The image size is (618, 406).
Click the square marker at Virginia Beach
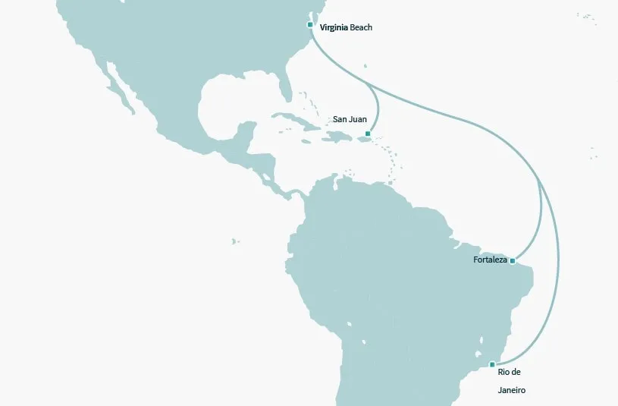pyautogui.click(x=310, y=25)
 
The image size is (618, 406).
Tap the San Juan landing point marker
pyautogui.click(x=368, y=134)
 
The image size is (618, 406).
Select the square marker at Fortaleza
pyautogui.click(x=513, y=261)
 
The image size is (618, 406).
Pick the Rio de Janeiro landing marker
pyautogui.click(x=492, y=364)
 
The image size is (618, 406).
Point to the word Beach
pyautogui.click(x=362, y=28)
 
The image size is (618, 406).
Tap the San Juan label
pyautogui.click(x=350, y=120)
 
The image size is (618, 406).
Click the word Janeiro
pyautogui.click(x=512, y=391)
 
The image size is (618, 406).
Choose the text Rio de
pyautogui.click(x=510, y=372)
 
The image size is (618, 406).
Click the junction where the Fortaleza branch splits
pyautogui.click(x=538, y=182)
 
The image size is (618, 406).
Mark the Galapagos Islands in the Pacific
pyautogui.click(x=235, y=242)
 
